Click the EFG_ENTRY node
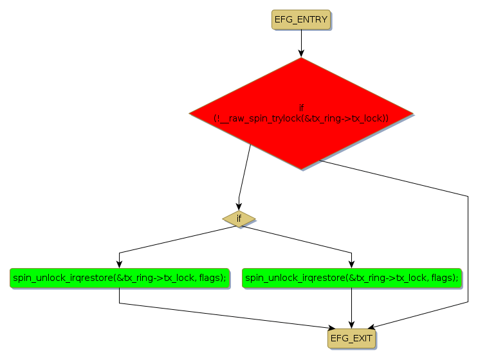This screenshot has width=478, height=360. (x=301, y=20)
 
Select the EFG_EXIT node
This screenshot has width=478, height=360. (x=351, y=338)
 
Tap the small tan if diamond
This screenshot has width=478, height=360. (x=239, y=219)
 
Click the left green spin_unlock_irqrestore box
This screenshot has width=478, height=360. (x=120, y=278)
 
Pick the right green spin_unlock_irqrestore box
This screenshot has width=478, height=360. (x=352, y=278)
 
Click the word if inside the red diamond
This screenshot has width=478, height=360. (x=301, y=107)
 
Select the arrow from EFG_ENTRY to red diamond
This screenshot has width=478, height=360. (x=301, y=43)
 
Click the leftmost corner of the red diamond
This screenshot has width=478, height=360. (x=190, y=114)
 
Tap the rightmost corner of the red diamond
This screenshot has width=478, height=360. (x=412, y=114)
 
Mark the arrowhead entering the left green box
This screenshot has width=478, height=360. (x=120, y=264)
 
